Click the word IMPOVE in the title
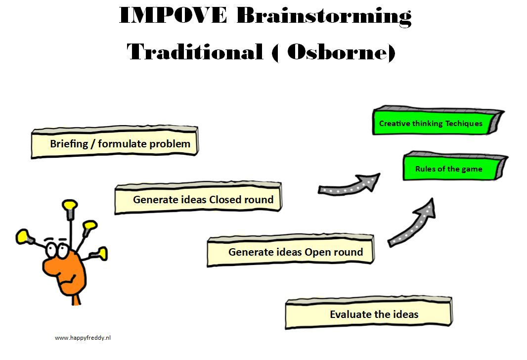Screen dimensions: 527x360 (x=173, y=15)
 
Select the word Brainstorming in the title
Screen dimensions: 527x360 (x=324, y=16)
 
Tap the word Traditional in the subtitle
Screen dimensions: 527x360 (x=195, y=52)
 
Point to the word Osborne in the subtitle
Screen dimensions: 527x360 (x=338, y=52)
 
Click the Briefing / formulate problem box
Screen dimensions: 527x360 (x=115, y=142)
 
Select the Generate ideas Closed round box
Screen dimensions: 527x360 (x=198, y=198)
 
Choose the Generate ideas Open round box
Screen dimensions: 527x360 (x=291, y=250)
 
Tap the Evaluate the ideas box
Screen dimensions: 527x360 (x=369, y=313)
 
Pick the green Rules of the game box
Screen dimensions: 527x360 (x=455, y=166)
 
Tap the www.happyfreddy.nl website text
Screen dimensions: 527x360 (x=83, y=338)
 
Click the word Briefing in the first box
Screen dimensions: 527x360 (x=69, y=144)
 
